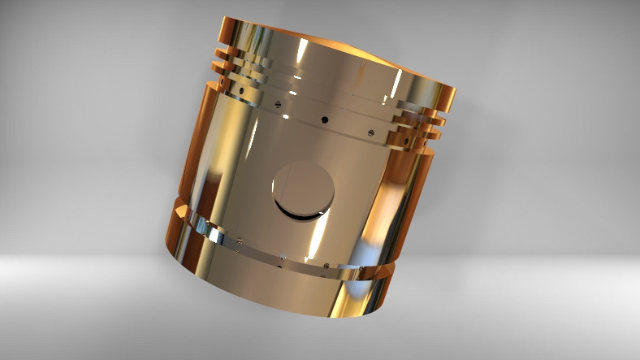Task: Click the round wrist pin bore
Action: coord(303,190)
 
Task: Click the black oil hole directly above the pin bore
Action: coord(324,119)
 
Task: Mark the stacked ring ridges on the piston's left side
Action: coord(231,65)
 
